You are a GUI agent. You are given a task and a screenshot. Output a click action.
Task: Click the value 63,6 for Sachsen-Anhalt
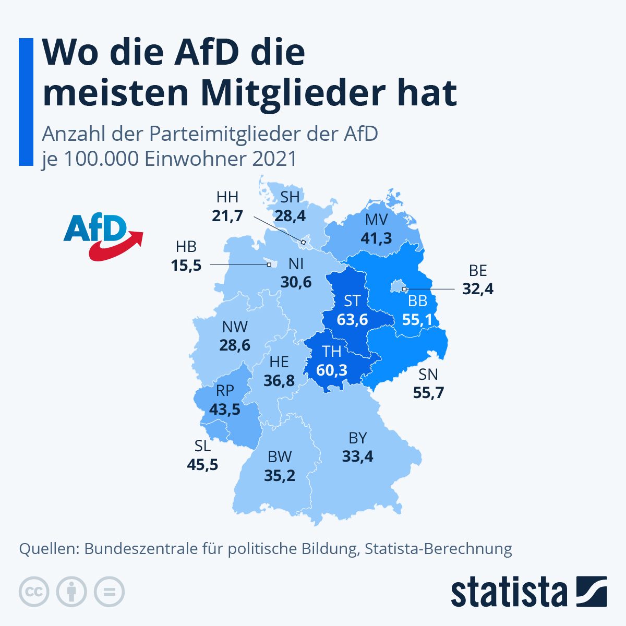(x=352, y=319)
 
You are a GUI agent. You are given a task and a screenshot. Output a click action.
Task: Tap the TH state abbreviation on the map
(x=332, y=351)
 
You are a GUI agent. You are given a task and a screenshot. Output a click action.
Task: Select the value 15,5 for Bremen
(x=186, y=266)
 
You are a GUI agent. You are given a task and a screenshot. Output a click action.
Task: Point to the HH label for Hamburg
(x=227, y=197)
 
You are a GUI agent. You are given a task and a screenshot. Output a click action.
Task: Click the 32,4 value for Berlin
(x=478, y=288)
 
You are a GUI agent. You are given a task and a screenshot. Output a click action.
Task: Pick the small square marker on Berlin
(x=404, y=288)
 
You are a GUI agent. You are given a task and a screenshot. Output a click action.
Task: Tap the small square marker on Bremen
(x=269, y=264)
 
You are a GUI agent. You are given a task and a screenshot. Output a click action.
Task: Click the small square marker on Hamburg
(x=303, y=242)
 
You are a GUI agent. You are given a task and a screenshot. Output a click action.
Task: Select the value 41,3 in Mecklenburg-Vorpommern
(x=376, y=238)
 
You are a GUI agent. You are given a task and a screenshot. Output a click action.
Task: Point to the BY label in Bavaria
(x=358, y=438)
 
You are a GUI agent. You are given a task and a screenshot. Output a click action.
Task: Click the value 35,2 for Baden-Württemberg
(x=280, y=476)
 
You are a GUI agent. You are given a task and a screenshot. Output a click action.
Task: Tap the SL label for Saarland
(x=202, y=446)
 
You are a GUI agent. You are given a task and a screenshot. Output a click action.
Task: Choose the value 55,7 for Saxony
(x=428, y=392)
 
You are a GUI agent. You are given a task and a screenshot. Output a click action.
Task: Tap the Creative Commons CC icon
(x=34, y=592)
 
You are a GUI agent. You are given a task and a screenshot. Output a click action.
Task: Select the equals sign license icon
(x=109, y=592)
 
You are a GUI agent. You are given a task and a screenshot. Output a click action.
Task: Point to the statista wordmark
(x=509, y=592)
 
